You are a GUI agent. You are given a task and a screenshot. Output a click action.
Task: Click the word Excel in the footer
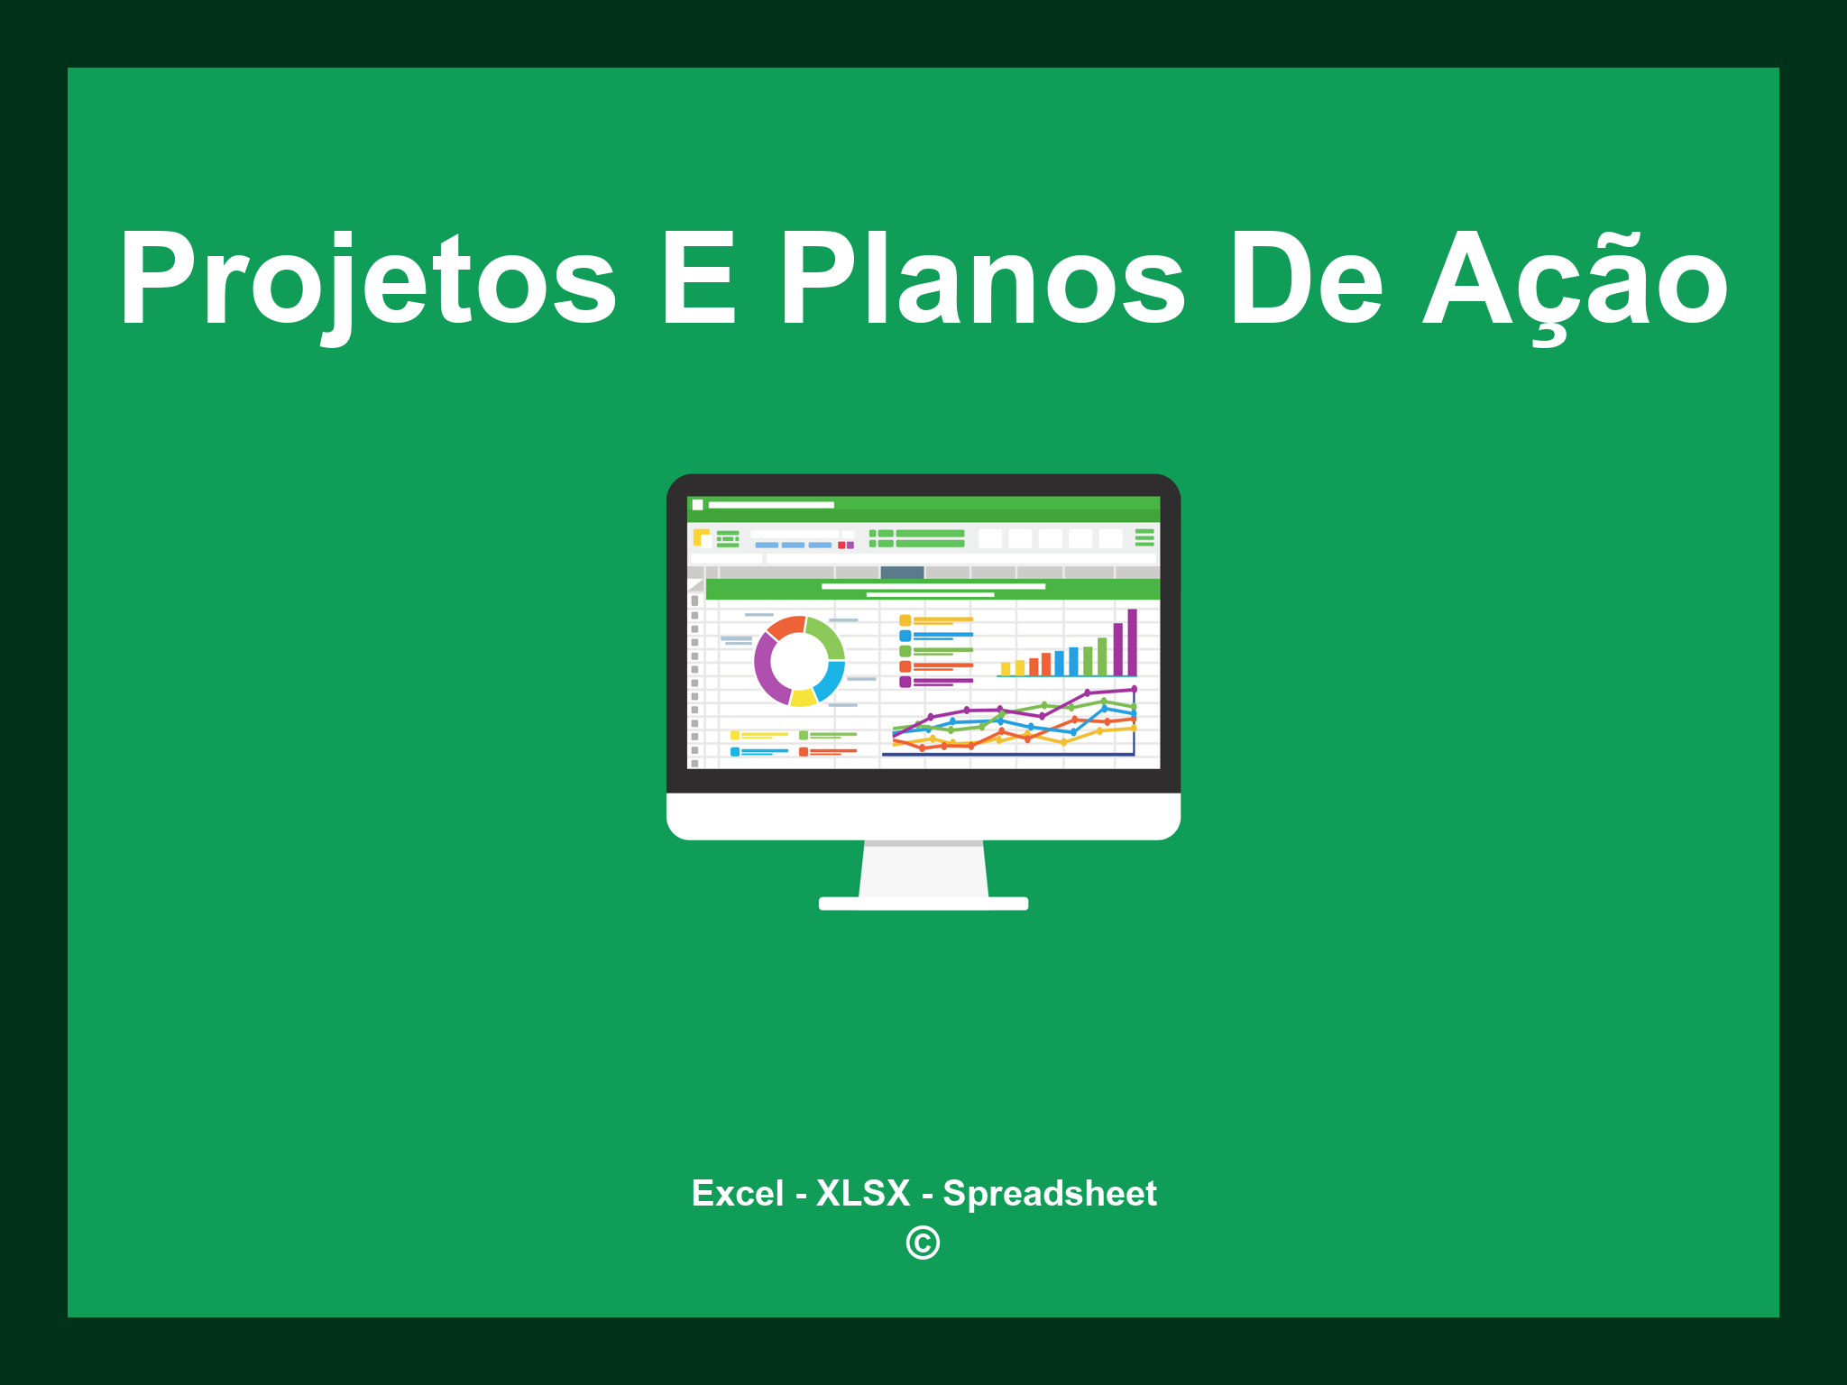[738, 1193]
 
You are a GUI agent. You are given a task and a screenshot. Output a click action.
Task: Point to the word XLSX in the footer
[863, 1193]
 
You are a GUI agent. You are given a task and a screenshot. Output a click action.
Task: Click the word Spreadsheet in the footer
[1050, 1194]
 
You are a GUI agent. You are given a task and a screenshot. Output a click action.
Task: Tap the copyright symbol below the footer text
[923, 1243]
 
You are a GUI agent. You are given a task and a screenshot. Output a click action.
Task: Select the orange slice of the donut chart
[786, 627]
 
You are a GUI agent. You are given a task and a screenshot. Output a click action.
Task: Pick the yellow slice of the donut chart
[803, 697]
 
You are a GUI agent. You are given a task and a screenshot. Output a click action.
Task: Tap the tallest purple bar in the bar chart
[1132, 642]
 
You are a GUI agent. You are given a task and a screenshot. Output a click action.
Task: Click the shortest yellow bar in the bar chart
[1006, 669]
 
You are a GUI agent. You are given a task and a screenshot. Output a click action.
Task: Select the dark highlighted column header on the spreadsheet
[902, 572]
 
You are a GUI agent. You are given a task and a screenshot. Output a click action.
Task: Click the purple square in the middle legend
[905, 682]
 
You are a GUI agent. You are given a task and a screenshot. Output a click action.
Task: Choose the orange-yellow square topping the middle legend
[905, 620]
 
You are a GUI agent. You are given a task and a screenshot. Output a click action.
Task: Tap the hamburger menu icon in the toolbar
[1144, 537]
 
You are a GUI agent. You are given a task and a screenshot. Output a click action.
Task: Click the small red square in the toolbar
[841, 545]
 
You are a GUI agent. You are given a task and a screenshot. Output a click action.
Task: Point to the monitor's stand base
[923, 903]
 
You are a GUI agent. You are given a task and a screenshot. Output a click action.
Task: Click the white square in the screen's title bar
[697, 505]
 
